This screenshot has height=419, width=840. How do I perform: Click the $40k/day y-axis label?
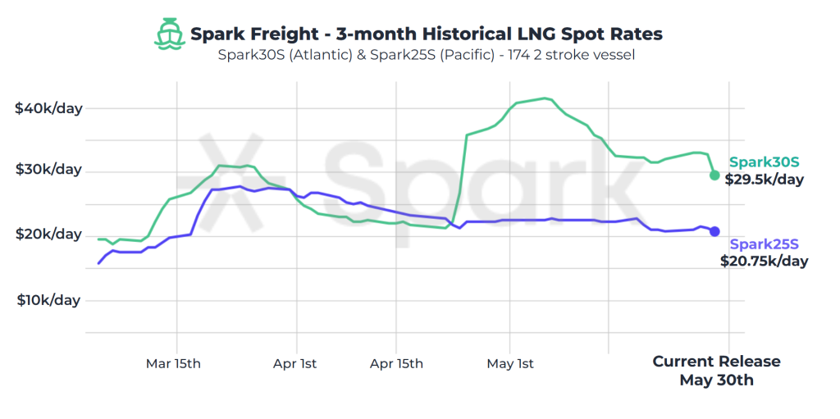[x=48, y=108]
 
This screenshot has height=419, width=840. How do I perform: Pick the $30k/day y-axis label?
[x=48, y=170]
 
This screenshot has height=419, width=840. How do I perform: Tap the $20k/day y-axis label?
[x=48, y=235]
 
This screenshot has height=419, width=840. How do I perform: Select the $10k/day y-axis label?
[x=48, y=299]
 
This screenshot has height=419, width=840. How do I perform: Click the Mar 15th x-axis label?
[x=173, y=363]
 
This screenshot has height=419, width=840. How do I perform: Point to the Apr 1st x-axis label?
[x=295, y=363]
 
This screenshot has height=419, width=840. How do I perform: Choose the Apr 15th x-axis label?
[x=396, y=363]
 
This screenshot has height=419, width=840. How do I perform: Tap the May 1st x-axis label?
[x=510, y=363]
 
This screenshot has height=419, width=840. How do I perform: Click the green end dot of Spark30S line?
[x=714, y=175]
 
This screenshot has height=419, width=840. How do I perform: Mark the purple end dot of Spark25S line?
[x=714, y=231]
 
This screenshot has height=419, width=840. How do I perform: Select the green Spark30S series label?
[x=764, y=162]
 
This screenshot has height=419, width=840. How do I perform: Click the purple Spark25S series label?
[x=764, y=244]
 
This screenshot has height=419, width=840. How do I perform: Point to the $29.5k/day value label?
[x=764, y=180]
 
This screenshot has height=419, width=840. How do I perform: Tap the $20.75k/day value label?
[x=764, y=262]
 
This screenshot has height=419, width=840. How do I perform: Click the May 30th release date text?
[x=716, y=380]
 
